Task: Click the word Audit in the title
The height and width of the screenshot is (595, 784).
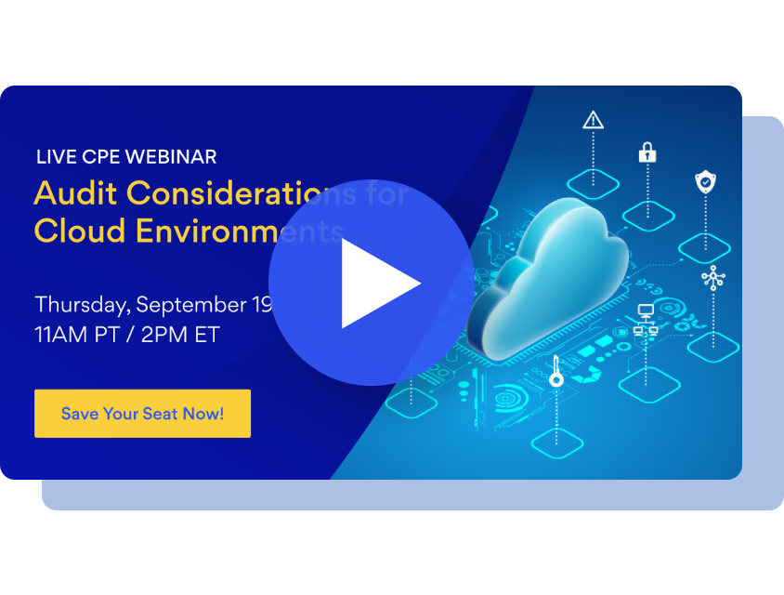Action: [75, 193]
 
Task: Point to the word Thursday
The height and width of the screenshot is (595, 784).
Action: [81, 304]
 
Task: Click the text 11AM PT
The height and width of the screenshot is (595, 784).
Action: [77, 335]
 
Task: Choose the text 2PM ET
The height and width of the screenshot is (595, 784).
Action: [180, 335]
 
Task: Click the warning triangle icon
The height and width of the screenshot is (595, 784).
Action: [593, 119]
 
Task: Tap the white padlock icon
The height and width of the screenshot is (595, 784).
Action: [647, 152]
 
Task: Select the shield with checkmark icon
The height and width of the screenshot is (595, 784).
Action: [706, 182]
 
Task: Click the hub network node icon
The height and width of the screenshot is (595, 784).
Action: [712, 276]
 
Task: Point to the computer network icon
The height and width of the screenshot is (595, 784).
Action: [646, 319]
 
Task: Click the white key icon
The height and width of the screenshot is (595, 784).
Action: [556, 370]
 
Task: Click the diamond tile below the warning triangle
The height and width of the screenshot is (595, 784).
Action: [593, 182]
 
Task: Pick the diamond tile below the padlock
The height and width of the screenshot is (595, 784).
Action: [647, 216]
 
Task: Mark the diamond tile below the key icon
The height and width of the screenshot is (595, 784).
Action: [556, 437]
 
